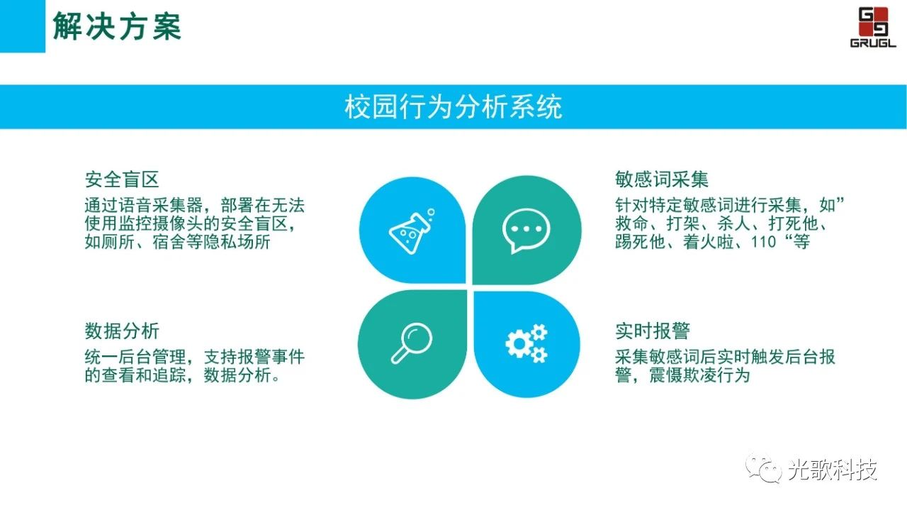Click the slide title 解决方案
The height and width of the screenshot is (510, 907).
coord(117,26)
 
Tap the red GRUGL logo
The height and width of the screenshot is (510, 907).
coord(873,27)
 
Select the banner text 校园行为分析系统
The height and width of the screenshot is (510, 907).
coord(453,107)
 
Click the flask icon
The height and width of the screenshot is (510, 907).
coord(412,231)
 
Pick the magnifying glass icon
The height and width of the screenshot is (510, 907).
coord(412,343)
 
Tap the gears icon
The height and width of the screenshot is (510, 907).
coord(526,343)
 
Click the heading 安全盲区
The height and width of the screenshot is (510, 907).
coord(122,179)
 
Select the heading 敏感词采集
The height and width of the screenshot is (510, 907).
coord(662,179)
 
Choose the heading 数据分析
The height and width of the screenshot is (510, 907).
coord(122,331)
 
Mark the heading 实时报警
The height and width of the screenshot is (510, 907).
coord(653,331)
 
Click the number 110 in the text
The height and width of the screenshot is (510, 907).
coord(763,242)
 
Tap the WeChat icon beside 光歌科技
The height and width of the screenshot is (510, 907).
coord(764,469)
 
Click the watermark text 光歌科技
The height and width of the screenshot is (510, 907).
coord(833,470)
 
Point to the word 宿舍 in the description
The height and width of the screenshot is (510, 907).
coord(169,242)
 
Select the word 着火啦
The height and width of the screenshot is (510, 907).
coord(708,242)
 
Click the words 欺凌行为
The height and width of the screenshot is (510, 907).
coord(716,375)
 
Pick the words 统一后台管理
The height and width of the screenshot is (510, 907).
coord(135,357)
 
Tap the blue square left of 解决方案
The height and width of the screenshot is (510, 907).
coord(23,26)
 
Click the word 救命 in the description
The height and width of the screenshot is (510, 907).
coord(631,223)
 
